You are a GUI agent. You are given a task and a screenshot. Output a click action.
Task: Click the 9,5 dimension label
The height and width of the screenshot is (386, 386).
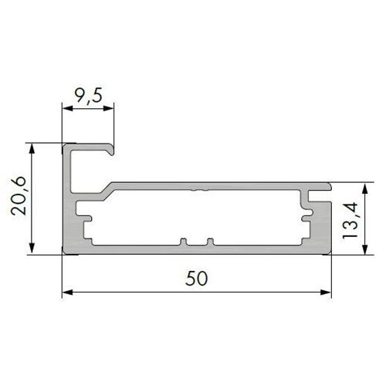[88, 95]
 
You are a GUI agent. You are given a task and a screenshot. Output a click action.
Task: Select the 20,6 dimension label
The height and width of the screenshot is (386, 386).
[19, 196]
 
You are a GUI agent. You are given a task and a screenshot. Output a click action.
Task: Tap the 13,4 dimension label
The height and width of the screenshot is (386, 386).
[350, 221]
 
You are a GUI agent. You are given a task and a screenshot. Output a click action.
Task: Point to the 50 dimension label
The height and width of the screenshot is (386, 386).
[196, 278]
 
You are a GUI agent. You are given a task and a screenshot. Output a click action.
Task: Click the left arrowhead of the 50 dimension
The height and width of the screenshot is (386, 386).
[67, 293]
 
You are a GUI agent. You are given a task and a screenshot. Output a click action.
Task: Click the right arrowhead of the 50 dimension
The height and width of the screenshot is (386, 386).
[326, 293]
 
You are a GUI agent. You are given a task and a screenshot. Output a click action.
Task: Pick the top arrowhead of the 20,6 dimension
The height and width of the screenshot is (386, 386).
[32, 149]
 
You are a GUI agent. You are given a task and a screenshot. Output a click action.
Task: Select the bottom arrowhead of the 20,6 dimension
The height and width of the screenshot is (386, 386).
[32, 249]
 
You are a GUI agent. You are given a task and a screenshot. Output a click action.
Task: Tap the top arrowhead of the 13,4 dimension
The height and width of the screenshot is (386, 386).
[364, 188]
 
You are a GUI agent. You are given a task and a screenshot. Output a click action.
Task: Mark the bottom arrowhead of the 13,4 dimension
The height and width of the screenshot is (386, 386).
[364, 249]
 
